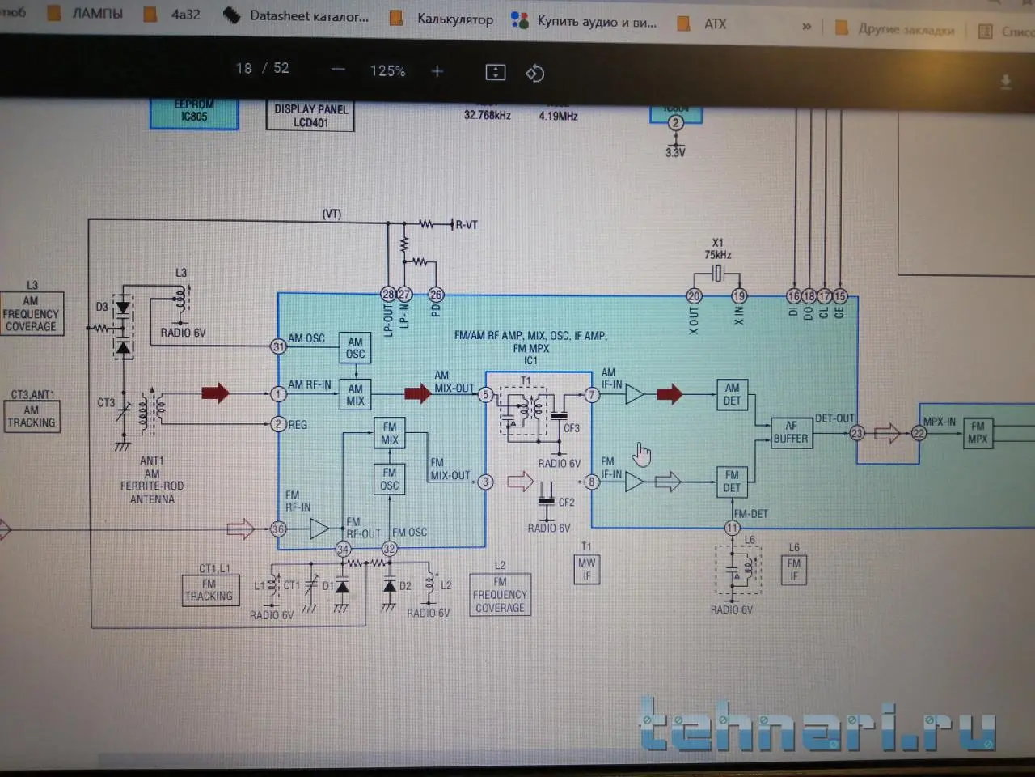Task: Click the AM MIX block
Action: pyautogui.click(x=355, y=394)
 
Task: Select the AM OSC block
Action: pyautogui.click(x=355, y=348)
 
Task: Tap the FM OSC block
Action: pyautogui.click(x=389, y=479)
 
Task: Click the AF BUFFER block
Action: pyautogui.click(x=790, y=432)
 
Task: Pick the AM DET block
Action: pyautogui.click(x=732, y=394)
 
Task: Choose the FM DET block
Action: pyautogui.click(x=732, y=482)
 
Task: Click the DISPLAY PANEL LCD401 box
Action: pyautogui.click(x=310, y=116)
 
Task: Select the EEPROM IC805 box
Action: pyautogui.click(x=194, y=112)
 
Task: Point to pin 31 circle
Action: pyautogui.click(x=278, y=346)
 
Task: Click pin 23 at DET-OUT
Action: pyautogui.click(x=857, y=433)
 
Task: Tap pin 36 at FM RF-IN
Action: pyautogui.click(x=278, y=529)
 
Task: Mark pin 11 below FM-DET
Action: pyautogui.click(x=732, y=528)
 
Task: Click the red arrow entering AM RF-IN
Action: pyautogui.click(x=215, y=393)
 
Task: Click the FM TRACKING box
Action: pyautogui.click(x=209, y=590)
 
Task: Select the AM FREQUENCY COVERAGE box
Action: pyautogui.click(x=32, y=314)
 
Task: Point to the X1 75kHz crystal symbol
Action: pyautogui.click(x=717, y=274)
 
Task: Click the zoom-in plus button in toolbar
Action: pyautogui.click(x=437, y=71)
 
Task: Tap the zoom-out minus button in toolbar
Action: pyautogui.click(x=339, y=70)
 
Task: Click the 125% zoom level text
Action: pyautogui.click(x=387, y=71)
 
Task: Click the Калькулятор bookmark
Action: pyautogui.click(x=454, y=19)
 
